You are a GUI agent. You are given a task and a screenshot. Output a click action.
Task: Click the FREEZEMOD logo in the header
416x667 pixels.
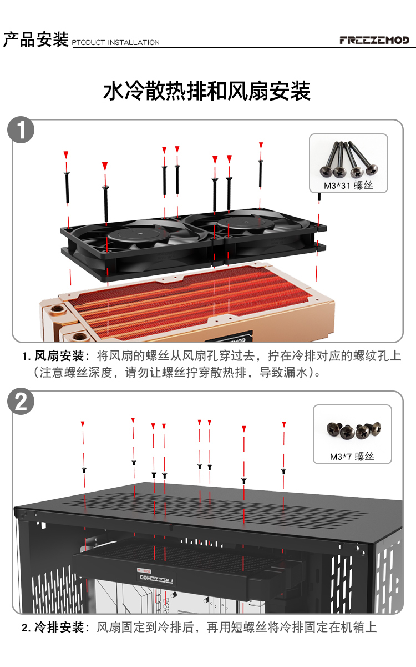click(x=374, y=40)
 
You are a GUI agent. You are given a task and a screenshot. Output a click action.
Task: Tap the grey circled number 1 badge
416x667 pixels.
click(x=21, y=130)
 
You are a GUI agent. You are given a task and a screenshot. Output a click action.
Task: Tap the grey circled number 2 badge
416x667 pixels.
click(x=21, y=401)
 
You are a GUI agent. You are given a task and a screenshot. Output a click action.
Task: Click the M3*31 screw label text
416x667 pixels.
click(x=348, y=185)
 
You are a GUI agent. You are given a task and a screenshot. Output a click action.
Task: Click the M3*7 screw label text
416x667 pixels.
click(x=352, y=456)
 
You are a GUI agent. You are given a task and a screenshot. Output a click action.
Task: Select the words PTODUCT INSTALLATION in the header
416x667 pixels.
click(x=116, y=42)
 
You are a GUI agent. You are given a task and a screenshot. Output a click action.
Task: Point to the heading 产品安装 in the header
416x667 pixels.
click(x=35, y=39)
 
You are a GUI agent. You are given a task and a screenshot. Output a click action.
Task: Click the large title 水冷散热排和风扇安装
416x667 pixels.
click(x=207, y=91)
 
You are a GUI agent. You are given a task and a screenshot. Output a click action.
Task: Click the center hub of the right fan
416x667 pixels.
click(x=245, y=222)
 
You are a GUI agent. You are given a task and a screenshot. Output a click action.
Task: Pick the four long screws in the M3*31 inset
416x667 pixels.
click(x=348, y=159)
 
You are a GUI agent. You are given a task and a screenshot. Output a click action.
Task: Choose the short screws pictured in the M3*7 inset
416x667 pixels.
click(x=354, y=430)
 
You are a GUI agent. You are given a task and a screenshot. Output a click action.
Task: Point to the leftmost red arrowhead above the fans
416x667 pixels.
click(x=66, y=154)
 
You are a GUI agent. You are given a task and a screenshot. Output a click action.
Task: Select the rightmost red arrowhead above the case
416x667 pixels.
click(x=284, y=424)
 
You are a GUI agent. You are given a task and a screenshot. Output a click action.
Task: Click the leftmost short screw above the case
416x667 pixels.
click(x=84, y=470)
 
